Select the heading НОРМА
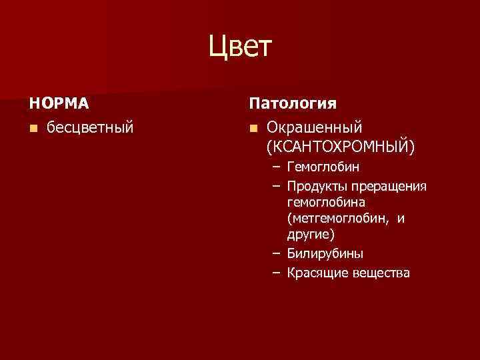pyautogui.click(x=59, y=104)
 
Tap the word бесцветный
pyautogui.click(x=90, y=126)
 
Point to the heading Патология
pyautogui.click(x=293, y=104)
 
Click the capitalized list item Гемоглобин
pyautogui.click(x=323, y=166)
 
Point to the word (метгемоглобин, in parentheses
pyautogui.click(x=337, y=218)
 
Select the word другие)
pyautogui.click(x=311, y=235)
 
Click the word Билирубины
pyautogui.click(x=325, y=253)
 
